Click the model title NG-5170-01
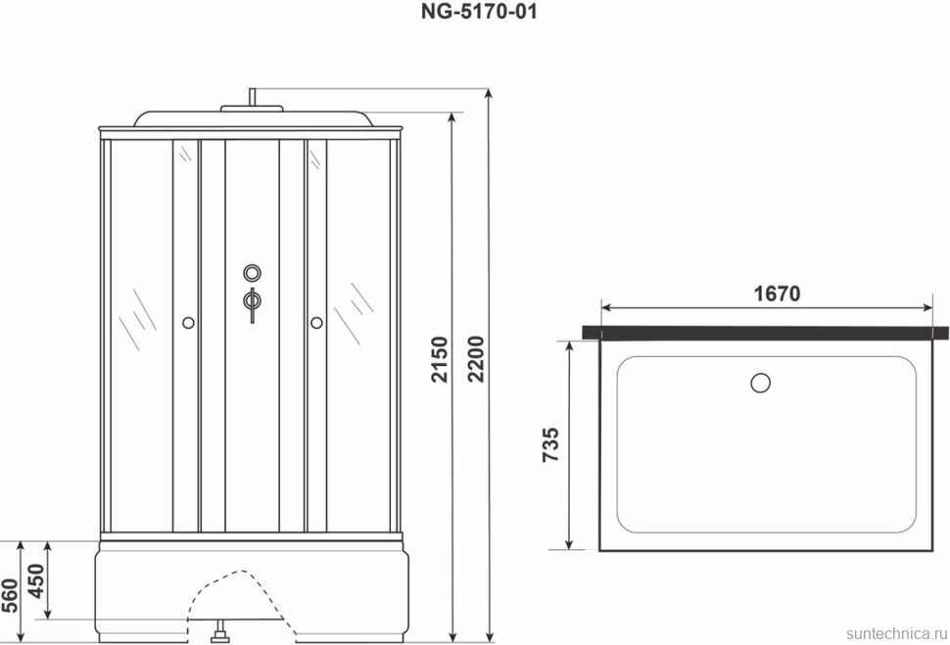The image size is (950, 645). pyautogui.click(x=479, y=12)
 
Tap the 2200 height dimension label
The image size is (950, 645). pyautogui.click(x=477, y=358)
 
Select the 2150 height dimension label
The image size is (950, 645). pyautogui.click(x=441, y=359)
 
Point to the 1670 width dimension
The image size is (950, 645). pyautogui.click(x=777, y=294)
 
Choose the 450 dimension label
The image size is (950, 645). pyautogui.click(x=37, y=580)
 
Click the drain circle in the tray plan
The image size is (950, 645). pyautogui.click(x=760, y=383)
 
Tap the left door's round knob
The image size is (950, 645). pyautogui.click(x=188, y=323)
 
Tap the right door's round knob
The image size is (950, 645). pyautogui.click(x=316, y=323)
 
